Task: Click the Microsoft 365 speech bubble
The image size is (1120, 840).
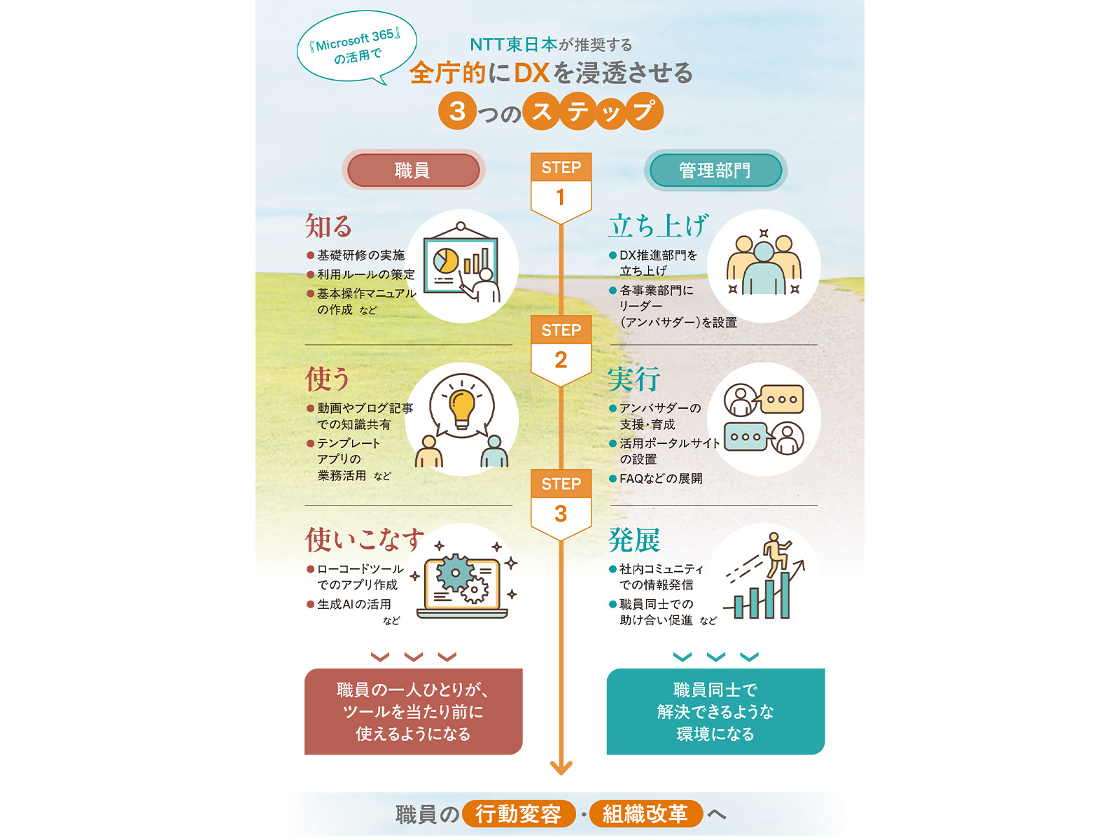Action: tap(357, 47)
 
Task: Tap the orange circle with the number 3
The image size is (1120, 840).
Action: tap(457, 111)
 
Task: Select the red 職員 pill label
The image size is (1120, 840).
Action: tap(413, 170)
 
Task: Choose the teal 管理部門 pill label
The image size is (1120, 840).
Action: tap(715, 170)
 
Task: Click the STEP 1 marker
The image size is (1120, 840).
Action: tap(561, 187)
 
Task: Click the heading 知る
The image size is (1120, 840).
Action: tap(328, 226)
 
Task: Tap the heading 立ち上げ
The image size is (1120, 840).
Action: tap(658, 226)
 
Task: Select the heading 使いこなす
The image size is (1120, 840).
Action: tap(365, 540)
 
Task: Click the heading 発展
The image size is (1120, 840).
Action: tap(634, 540)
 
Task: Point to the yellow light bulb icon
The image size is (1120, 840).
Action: tap(462, 409)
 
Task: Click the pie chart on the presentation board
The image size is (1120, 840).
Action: tap(446, 260)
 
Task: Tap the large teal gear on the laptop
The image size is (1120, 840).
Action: tap(455, 573)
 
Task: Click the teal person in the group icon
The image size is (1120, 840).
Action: tap(764, 268)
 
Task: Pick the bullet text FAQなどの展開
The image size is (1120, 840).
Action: tap(661, 478)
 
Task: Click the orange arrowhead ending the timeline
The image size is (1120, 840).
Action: tap(561, 768)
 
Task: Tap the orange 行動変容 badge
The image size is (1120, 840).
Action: tap(519, 814)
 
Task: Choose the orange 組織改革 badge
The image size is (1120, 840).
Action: tap(645, 814)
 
